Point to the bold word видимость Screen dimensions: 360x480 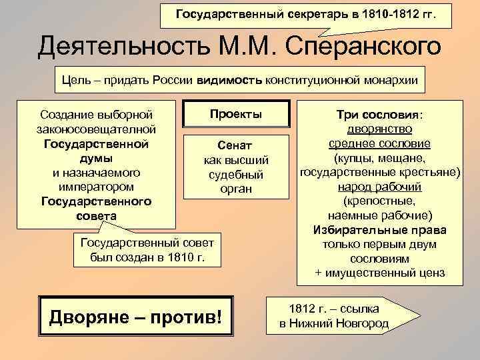coord(230,81)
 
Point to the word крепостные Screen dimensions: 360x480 coord(378,201)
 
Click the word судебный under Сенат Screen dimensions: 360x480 coord(236,175)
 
